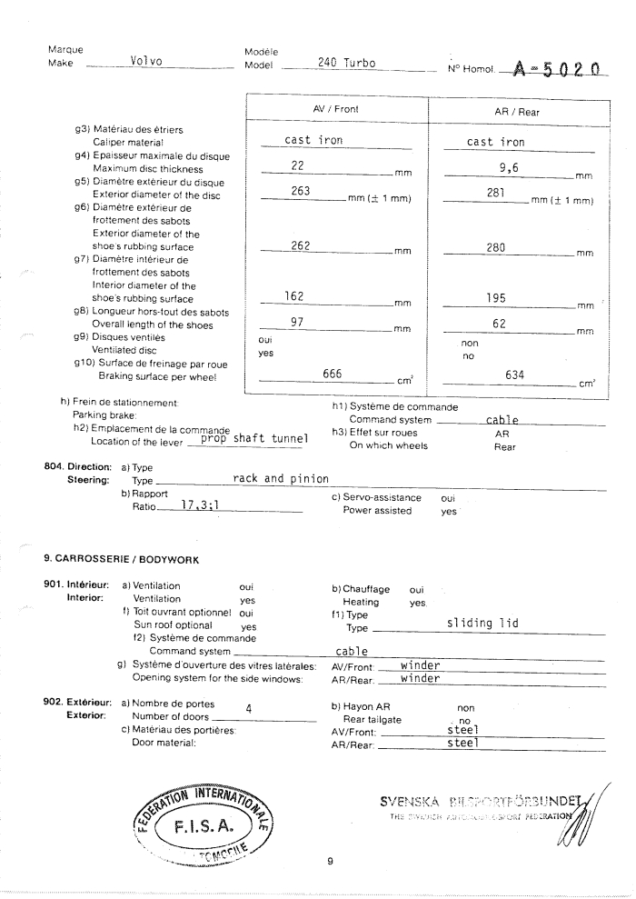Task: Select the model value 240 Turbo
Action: coord(347,63)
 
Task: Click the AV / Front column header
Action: coord(336,109)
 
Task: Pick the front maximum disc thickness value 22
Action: coord(296,165)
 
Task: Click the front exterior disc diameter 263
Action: coord(301,191)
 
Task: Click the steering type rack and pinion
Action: coord(281,478)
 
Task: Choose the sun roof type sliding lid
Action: coord(482,623)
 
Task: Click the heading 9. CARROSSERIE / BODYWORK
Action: coord(121,558)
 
